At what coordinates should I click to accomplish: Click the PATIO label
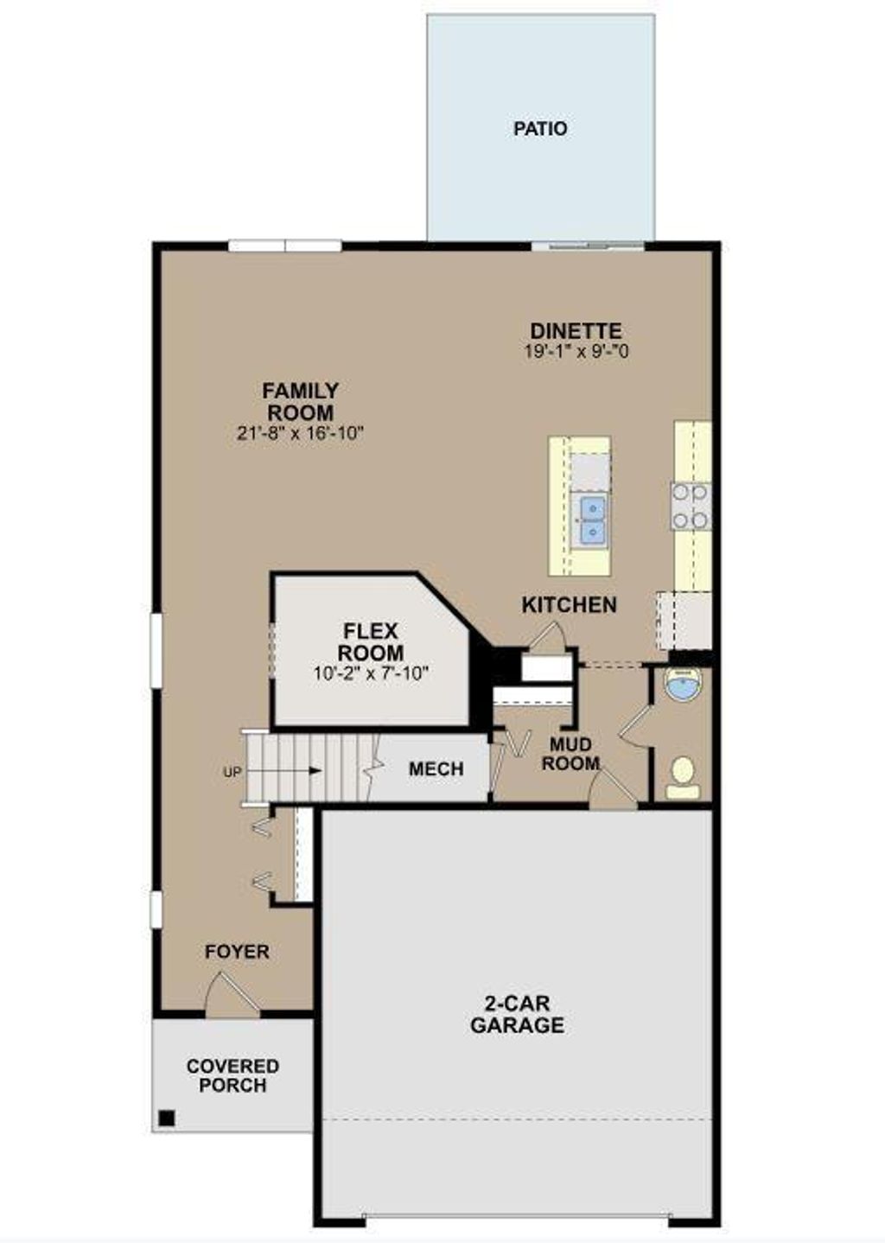540,129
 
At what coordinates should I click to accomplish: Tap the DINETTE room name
576,331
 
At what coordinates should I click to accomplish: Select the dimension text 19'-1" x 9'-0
576,352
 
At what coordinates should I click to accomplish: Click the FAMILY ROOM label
300,402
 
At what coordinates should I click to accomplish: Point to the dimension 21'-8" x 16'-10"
300,433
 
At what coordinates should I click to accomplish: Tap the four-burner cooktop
691,506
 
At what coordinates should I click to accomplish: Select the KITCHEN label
569,605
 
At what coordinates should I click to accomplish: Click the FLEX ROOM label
371,641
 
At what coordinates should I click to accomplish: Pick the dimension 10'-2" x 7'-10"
371,673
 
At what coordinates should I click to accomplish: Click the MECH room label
436,769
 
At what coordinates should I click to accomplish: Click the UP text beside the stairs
232,773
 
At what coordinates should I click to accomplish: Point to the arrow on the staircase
294,771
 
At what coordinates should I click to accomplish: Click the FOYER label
237,952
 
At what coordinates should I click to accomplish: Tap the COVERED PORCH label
232,1076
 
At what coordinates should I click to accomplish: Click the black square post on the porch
166,1119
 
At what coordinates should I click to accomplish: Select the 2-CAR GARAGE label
517,1015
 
